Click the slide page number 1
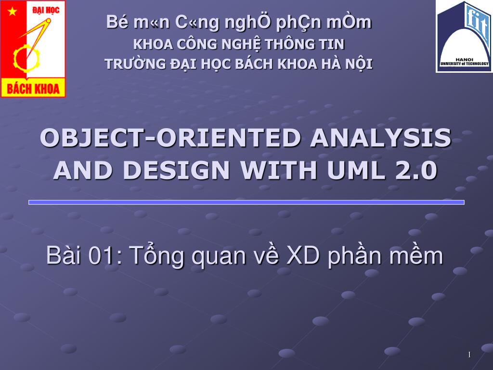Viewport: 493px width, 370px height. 469,355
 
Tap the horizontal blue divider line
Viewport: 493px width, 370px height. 246,202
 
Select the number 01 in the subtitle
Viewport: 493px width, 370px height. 100,255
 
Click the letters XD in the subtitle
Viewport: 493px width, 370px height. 303,255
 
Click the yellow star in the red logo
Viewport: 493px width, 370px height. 12,12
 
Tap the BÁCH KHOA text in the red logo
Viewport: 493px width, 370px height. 33,89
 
